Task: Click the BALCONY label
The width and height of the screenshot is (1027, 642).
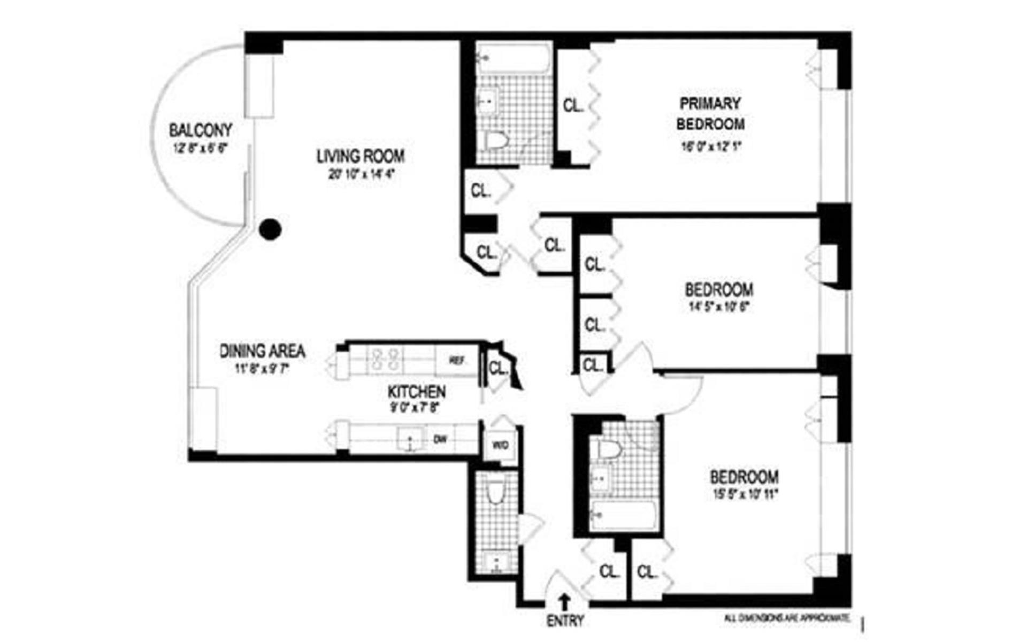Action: click(x=201, y=130)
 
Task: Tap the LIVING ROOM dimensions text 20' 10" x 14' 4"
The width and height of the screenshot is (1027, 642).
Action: click(x=362, y=174)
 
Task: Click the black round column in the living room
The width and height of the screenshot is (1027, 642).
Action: click(x=270, y=230)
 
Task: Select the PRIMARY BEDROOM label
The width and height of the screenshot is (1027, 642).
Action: click(x=710, y=113)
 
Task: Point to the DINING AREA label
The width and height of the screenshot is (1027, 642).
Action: click(x=263, y=351)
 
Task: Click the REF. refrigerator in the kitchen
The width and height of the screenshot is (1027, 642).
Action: click(x=456, y=361)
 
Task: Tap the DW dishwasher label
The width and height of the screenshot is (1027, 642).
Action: click(x=440, y=439)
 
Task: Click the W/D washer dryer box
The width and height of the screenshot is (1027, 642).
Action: click(x=500, y=445)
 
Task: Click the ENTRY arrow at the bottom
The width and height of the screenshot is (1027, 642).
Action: click(x=564, y=601)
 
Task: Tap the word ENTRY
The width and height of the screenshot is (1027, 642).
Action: click(x=565, y=621)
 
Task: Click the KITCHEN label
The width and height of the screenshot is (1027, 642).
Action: click(x=416, y=392)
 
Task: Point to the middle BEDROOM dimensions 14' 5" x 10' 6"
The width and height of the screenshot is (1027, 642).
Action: click(x=718, y=307)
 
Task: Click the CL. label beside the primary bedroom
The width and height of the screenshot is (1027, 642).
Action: click(x=573, y=105)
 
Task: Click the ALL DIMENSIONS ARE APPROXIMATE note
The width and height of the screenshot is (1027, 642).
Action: click(x=787, y=618)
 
